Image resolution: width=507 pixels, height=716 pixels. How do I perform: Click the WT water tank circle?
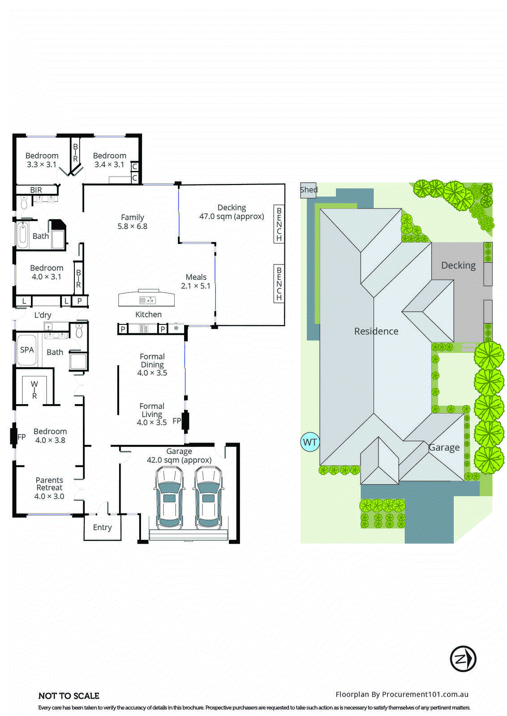point(309,442)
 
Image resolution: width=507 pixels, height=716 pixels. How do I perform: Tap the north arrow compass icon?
point(463,659)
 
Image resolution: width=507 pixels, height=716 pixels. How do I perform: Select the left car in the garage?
point(169,498)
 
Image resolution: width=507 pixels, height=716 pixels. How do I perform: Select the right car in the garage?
point(208,498)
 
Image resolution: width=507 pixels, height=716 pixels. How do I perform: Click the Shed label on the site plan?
point(309,190)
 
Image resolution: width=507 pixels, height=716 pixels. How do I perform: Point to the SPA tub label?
point(27,350)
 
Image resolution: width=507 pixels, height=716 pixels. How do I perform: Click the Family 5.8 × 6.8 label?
point(132,222)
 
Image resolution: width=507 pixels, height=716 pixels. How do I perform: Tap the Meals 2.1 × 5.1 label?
point(196,281)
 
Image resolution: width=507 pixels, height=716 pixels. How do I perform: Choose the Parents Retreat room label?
point(49,488)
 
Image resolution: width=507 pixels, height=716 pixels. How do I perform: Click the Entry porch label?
point(102,528)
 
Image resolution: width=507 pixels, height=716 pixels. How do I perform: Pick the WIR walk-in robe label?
point(34,390)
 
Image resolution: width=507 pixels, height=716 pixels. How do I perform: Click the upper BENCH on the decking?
point(279,224)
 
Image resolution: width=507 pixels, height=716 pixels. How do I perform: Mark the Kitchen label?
point(148,315)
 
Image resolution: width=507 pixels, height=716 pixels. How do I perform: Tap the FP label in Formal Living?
point(176,421)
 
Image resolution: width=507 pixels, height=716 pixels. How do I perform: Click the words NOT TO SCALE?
point(69,696)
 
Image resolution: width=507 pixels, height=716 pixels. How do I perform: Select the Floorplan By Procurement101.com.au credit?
point(402,695)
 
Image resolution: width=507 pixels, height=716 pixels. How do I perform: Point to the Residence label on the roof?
point(376,331)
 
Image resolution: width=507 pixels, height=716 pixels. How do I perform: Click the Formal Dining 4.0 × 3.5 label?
point(152,365)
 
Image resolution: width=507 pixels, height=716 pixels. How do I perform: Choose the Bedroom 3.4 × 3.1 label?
point(109,160)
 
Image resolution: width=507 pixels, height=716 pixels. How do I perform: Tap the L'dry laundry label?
point(43,315)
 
